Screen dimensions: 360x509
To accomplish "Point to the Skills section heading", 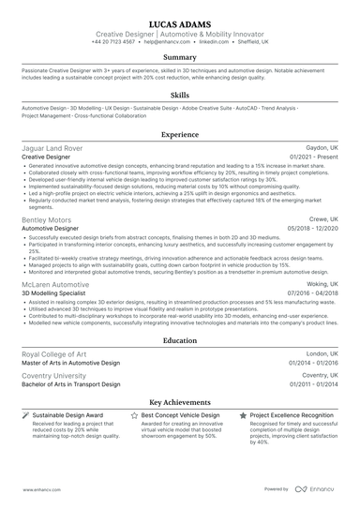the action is point(180,95).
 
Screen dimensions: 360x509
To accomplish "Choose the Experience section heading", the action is point(180,135).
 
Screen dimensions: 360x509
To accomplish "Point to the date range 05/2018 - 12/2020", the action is point(314,228).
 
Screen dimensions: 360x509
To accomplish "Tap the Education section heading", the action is point(180,342).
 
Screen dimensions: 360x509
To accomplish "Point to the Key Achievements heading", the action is point(180,399).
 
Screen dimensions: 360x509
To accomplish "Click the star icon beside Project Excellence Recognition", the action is point(245,414).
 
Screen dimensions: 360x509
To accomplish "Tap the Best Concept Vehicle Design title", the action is point(180,414).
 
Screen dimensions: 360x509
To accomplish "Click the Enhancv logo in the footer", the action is point(317,489).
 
